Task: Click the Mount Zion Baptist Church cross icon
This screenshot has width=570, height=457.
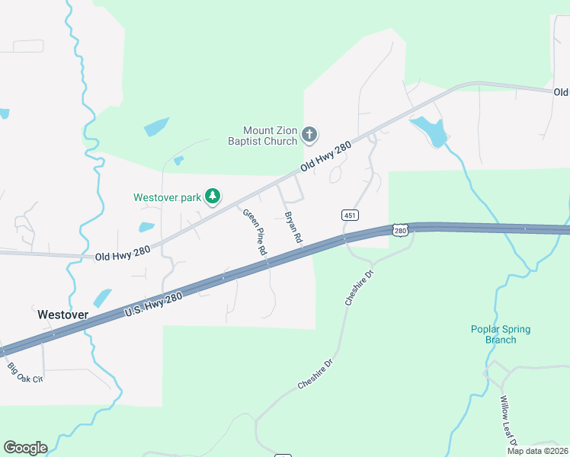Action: click(309, 136)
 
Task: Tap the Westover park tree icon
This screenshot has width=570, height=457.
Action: click(213, 197)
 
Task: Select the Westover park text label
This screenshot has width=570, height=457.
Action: click(167, 197)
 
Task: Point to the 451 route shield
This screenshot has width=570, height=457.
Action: click(350, 216)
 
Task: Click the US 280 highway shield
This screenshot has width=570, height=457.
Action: click(401, 229)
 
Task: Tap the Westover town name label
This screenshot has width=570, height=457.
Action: click(62, 314)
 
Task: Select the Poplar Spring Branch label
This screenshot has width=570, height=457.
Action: click(500, 334)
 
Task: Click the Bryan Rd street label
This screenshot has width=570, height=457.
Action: click(293, 228)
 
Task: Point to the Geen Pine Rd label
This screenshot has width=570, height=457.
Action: click(255, 232)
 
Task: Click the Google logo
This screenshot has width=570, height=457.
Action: click(25, 448)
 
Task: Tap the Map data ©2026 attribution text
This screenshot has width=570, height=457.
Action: click(536, 451)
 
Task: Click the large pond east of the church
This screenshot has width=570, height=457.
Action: click(430, 131)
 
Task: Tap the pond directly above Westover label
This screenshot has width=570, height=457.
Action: click(102, 297)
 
